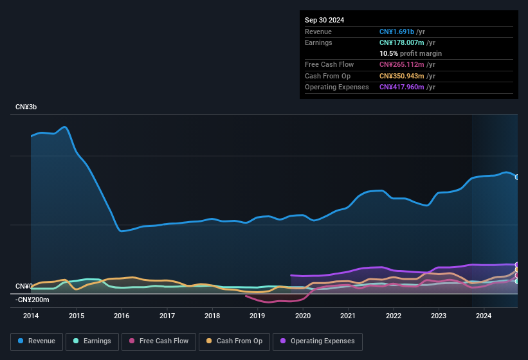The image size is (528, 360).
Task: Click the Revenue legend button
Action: pos(37,341)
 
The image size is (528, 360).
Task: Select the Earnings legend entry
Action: pos(91,341)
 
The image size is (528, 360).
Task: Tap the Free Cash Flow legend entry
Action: pos(158,341)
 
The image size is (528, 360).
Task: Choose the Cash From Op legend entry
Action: pos(235,341)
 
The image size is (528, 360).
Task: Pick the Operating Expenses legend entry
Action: pos(318,341)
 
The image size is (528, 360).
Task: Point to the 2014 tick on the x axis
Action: pos(31,316)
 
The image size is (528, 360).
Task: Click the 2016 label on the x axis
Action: pos(122,316)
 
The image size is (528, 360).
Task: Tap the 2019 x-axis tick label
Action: pos(257,316)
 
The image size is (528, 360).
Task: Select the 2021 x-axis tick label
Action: pos(348,316)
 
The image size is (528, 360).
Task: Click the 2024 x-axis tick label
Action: pos(484,316)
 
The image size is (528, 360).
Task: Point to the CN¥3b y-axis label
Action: pos(26,107)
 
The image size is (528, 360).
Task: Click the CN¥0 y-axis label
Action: pos(24,286)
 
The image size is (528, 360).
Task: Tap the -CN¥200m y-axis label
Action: pos(33,300)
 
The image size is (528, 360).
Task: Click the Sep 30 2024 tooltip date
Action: pos(324,20)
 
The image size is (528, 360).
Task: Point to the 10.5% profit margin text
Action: pos(410,53)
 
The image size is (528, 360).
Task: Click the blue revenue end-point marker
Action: pos(517,177)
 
